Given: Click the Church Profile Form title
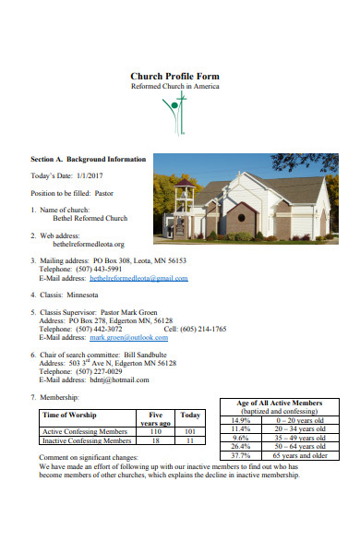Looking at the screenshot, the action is (174, 76).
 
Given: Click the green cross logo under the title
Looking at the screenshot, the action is (174, 114).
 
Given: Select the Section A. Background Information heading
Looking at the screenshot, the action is (88, 159).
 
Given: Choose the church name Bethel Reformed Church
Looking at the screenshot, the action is (90, 219).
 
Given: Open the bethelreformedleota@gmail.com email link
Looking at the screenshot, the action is (138, 278).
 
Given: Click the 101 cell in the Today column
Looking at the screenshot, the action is (190, 431).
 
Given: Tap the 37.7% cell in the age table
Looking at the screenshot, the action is (240, 455).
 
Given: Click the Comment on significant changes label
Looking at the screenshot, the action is (89, 457).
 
